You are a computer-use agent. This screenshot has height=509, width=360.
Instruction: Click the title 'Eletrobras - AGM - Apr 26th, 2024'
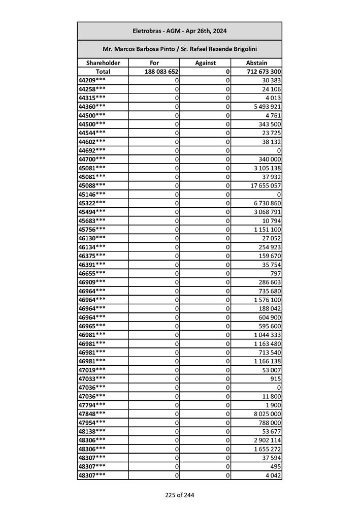click(179, 31)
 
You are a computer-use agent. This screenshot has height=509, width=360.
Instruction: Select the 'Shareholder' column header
click(103, 63)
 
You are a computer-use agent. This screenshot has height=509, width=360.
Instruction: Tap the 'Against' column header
click(205, 63)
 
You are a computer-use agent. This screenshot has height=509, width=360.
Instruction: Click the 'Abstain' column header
click(256, 63)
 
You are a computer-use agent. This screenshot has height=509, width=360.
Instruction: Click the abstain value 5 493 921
click(266, 107)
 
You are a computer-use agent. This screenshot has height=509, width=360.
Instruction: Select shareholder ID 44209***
click(92, 80)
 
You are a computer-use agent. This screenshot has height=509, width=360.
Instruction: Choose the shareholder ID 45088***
click(92, 185)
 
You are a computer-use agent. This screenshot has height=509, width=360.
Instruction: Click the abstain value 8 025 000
click(266, 413)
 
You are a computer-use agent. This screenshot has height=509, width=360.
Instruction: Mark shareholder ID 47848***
click(92, 413)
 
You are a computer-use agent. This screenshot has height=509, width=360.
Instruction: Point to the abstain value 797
click(276, 273)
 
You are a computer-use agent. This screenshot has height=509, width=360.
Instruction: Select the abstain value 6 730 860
click(266, 203)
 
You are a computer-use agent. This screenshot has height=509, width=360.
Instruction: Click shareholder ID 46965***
click(92, 326)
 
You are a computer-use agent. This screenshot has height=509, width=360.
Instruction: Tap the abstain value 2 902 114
click(266, 440)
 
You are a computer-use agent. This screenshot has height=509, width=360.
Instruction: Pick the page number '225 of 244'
click(179, 495)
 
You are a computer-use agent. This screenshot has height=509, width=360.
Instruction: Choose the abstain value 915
click(276, 378)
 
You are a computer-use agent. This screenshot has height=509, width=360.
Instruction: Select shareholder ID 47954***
click(92, 422)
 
